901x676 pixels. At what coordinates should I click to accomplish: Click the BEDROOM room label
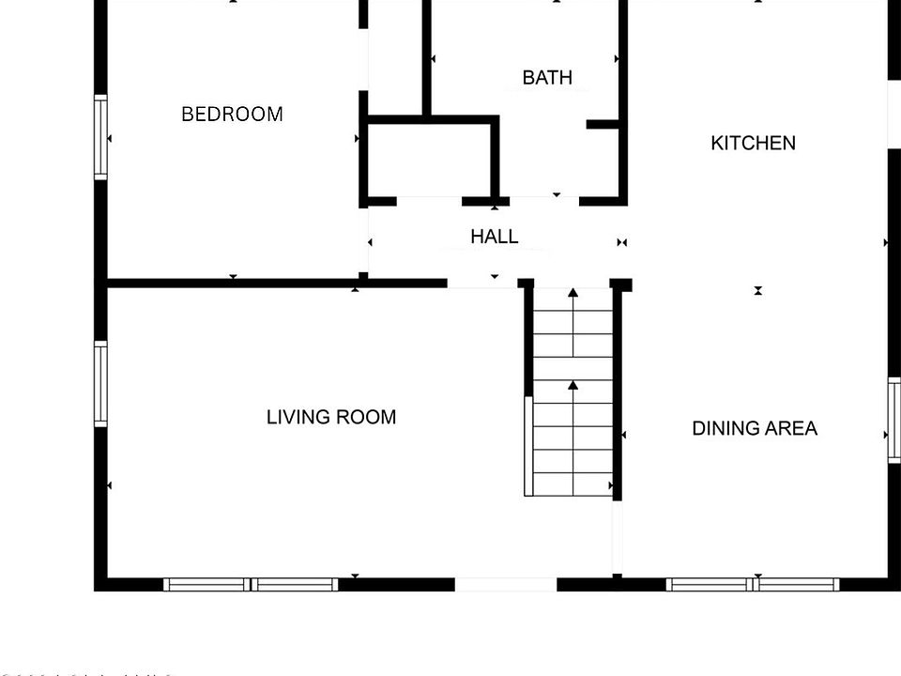(x=232, y=115)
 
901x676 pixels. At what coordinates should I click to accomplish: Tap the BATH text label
(x=547, y=78)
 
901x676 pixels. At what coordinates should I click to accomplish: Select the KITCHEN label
(x=753, y=144)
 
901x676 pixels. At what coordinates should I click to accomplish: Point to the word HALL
(x=494, y=238)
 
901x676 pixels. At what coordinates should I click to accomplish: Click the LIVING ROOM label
(x=330, y=417)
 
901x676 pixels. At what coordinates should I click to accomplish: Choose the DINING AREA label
(x=755, y=428)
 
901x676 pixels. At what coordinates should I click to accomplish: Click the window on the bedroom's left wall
(x=100, y=137)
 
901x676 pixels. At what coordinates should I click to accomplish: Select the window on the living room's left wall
(x=100, y=384)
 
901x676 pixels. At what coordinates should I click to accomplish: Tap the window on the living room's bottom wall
(x=251, y=584)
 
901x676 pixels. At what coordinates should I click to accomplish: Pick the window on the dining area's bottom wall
(x=753, y=584)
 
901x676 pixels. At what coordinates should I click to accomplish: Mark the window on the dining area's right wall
(x=893, y=420)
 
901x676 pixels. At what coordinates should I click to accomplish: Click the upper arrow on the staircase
(x=573, y=294)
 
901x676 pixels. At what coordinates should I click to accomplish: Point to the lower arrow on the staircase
(x=573, y=385)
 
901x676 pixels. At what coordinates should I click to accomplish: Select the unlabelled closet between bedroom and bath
(x=429, y=160)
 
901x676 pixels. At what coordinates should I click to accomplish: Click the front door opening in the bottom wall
(x=506, y=584)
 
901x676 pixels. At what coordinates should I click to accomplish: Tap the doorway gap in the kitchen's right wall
(x=893, y=114)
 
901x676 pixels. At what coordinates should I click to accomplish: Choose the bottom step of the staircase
(x=573, y=484)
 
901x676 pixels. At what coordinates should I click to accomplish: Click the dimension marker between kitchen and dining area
(x=757, y=291)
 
